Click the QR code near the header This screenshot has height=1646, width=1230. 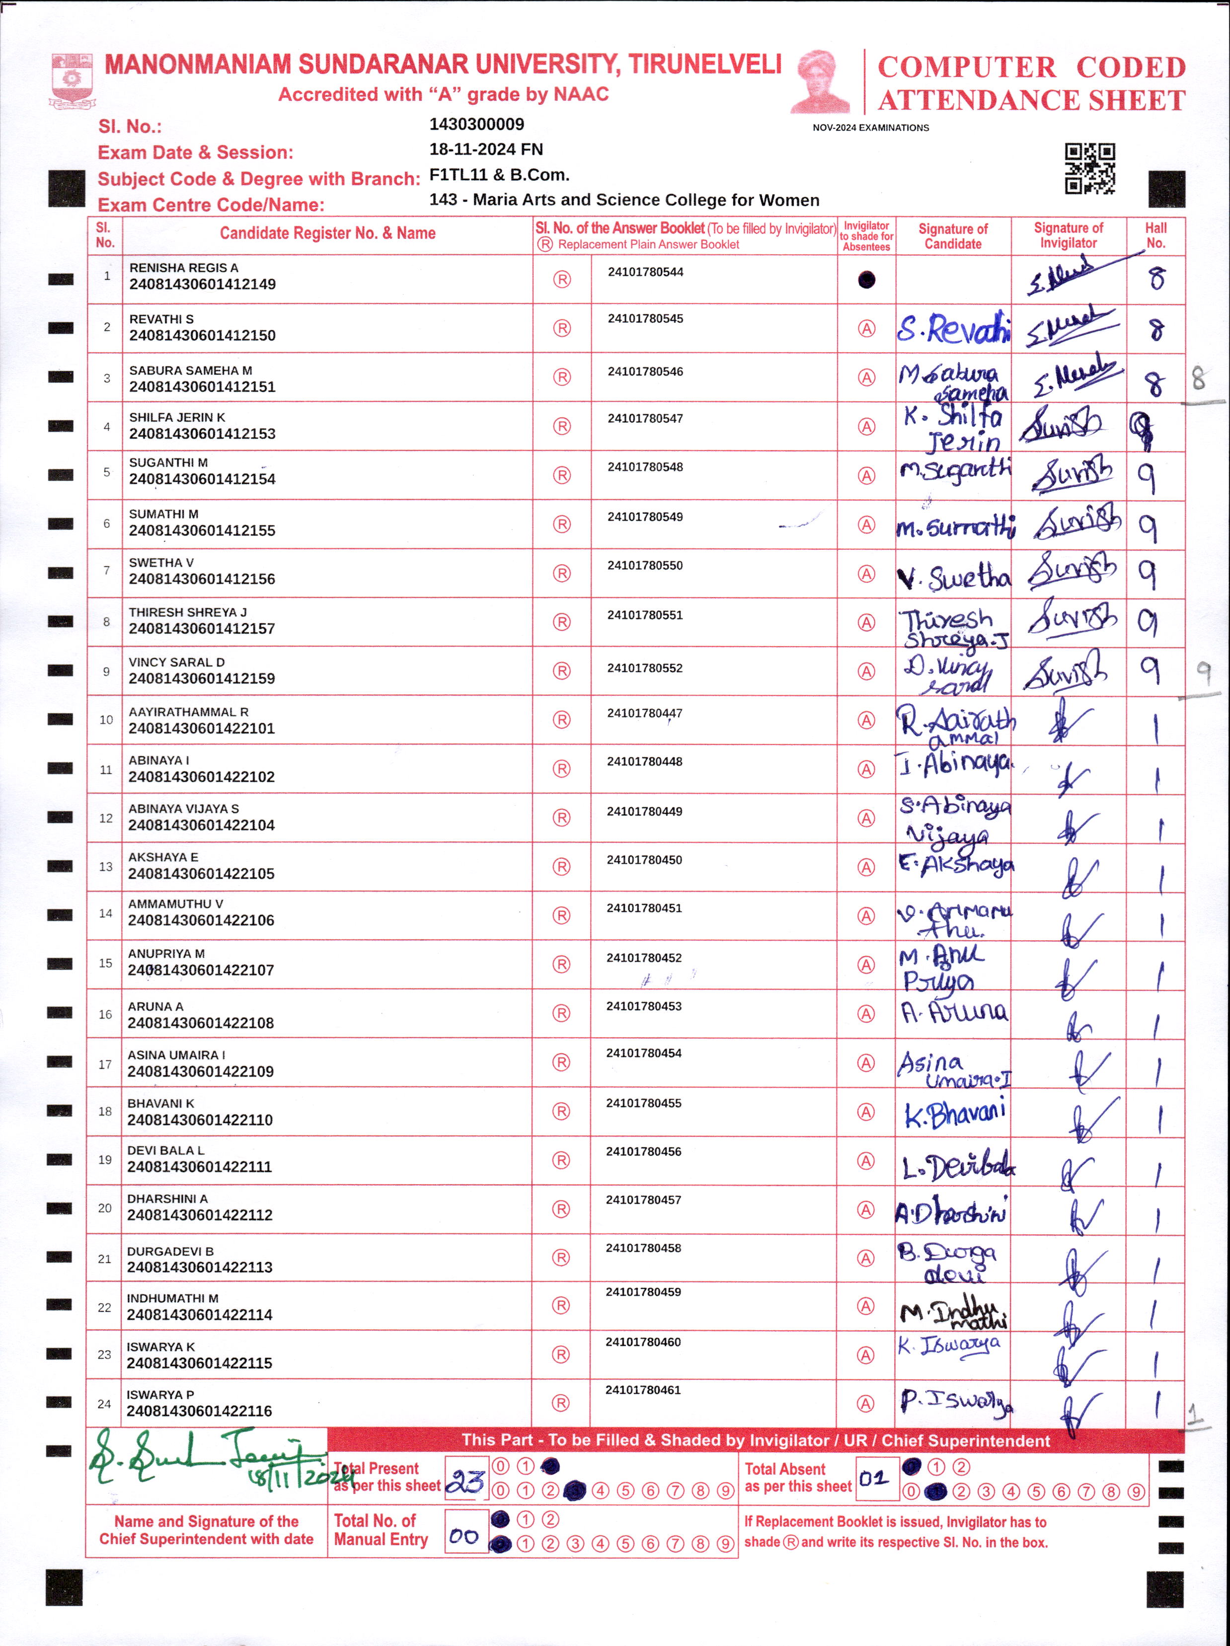(1089, 168)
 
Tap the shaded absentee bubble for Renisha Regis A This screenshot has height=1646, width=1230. (866, 280)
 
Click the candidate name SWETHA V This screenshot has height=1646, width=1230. (161, 563)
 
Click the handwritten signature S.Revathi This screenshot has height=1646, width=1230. (953, 328)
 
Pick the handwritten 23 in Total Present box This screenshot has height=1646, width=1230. (466, 1482)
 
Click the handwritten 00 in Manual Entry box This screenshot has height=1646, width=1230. (464, 1536)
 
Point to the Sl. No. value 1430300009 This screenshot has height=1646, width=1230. (476, 124)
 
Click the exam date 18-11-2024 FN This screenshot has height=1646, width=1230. (486, 150)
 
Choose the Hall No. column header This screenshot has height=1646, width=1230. (1155, 235)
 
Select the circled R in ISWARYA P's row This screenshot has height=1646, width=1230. (561, 1403)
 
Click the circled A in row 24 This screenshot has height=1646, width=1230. (865, 1404)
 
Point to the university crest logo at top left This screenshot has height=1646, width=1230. (72, 79)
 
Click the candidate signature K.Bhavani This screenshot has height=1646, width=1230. (955, 1113)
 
